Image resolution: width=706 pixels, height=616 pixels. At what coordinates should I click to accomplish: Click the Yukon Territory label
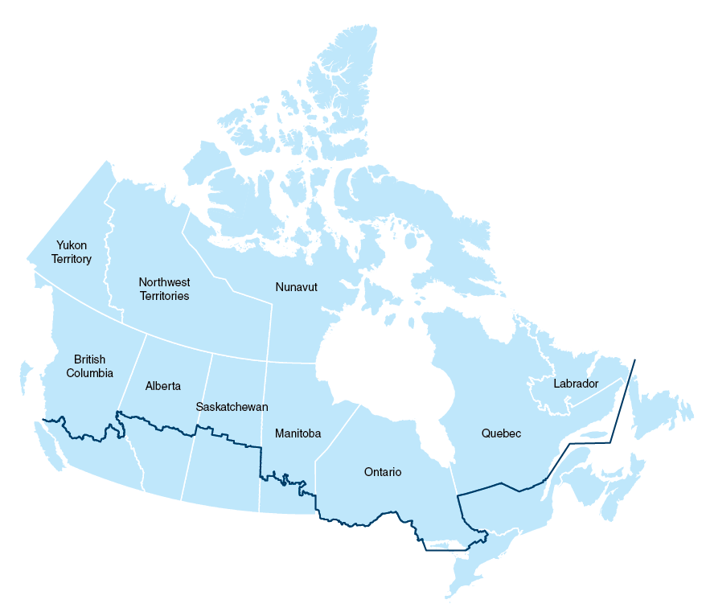pos(72,252)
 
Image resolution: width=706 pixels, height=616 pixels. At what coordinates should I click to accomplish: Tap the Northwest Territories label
pos(163,289)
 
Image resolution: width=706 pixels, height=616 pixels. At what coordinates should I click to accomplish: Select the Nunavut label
pos(296,287)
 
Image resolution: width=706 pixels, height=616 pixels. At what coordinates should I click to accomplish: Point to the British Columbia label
pos(89,366)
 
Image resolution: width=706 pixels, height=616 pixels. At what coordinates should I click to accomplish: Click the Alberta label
pos(163,386)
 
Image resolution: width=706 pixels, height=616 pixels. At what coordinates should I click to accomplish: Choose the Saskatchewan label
pos(232,407)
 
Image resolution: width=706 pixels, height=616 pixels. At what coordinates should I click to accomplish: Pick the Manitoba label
pos(298,433)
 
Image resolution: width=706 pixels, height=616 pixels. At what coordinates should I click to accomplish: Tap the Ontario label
pos(382,472)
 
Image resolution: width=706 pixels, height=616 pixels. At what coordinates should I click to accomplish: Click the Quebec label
pos(501,433)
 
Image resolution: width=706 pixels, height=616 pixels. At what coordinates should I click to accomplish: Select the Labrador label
pos(576,384)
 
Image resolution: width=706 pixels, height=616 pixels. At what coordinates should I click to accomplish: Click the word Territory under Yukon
pos(72,259)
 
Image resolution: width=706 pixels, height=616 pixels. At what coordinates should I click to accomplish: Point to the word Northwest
pos(163,282)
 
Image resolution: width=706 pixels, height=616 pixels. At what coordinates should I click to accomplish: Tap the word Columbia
pos(89,373)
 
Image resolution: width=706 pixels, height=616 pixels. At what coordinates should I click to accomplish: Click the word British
pos(89,359)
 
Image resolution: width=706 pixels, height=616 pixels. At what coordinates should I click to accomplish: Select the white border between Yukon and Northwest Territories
pos(108,241)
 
